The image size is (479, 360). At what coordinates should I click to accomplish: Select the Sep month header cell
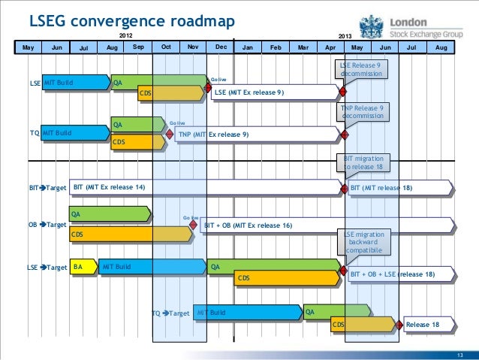point(138,47)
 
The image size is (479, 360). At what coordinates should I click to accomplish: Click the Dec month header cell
point(221,47)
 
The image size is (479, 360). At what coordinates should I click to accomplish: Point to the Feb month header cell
point(275,47)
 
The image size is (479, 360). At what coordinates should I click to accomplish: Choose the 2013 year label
point(345,36)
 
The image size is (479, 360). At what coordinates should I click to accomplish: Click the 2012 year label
point(129,35)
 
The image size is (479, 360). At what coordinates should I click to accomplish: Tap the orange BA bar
point(82,267)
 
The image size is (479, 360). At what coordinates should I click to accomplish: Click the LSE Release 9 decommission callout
point(361,70)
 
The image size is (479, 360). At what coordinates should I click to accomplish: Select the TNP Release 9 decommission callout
point(361,112)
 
